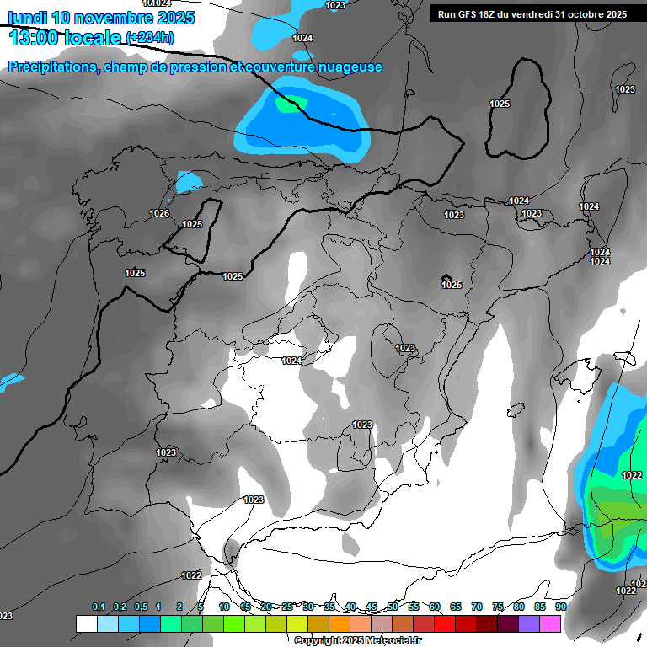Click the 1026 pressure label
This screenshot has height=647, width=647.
pyautogui.click(x=159, y=213)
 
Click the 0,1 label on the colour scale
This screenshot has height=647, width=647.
pyautogui.click(x=99, y=607)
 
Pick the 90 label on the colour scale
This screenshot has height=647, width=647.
pyautogui.click(x=561, y=607)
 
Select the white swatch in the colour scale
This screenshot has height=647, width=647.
pyautogui.click(x=86, y=623)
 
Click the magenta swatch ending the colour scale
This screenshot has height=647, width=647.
pyautogui.click(x=550, y=623)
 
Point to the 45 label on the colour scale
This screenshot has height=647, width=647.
pyautogui.click(x=372, y=607)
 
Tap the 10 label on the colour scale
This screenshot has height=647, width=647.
pyautogui.click(x=224, y=607)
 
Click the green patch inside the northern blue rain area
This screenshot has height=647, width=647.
pyautogui.click(x=290, y=104)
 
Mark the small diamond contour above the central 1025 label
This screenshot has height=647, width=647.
pyautogui.click(x=446, y=278)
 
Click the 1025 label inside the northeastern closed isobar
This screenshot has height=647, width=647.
pyautogui.click(x=500, y=104)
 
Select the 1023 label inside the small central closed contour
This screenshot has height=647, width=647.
pyautogui.click(x=405, y=348)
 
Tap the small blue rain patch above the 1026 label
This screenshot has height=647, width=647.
pyautogui.click(x=189, y=181)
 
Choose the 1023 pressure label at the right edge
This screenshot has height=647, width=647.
pyautogui.click(x=625, y=89)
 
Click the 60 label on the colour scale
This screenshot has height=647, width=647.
pyautogui.click(x=435, y=607)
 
